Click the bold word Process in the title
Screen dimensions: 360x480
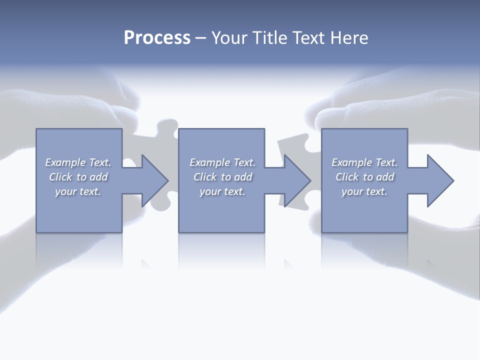(x=157, y=38)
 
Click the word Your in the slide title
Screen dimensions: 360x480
(x=229, y=38)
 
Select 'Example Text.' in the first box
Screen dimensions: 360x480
(x=78, y=162)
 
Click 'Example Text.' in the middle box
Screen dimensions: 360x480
(x=222, y=162)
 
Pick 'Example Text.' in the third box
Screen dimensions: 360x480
(x=364, y=162)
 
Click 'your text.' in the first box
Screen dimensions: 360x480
(x=78, y=191)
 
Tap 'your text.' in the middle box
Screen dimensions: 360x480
(x=222, y=191)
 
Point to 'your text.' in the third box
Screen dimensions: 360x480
(x=364, y=191)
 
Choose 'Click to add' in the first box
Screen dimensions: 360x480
(x=78, y=177)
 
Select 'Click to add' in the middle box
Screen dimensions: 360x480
(x=222, y=177)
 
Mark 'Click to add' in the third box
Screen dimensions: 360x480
(x=364, y=177)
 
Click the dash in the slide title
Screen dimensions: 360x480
(x=200, y=38)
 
